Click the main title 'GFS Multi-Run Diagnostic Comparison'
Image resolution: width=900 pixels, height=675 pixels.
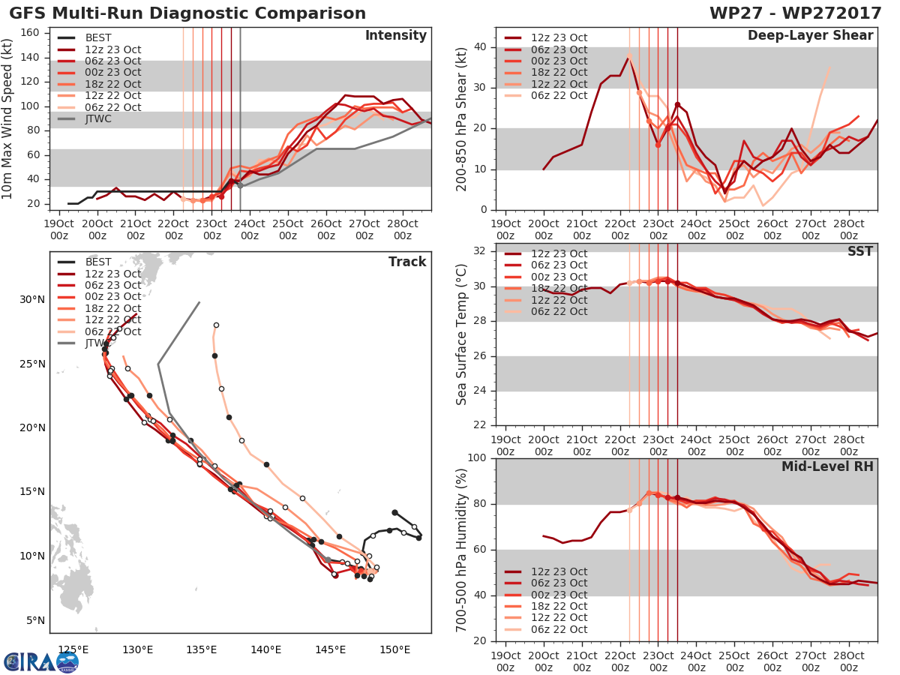point(187,13)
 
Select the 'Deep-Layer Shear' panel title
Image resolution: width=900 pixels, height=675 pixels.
point(810,36)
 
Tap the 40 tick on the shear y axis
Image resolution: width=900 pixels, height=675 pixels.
point(479,47)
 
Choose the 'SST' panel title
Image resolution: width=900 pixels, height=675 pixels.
point(861,251)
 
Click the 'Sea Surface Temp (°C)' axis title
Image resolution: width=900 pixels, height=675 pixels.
point(463,334)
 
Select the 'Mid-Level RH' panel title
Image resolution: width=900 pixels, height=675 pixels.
point(827,466)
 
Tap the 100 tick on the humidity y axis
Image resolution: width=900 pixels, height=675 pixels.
point(476,457)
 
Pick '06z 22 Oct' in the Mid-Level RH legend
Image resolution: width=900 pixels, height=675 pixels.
point(559,629)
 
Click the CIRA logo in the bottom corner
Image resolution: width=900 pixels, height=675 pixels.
point(41,661)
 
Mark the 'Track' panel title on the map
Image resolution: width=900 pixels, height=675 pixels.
point(407,262)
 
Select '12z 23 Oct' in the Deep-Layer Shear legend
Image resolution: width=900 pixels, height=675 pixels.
point(559,38)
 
